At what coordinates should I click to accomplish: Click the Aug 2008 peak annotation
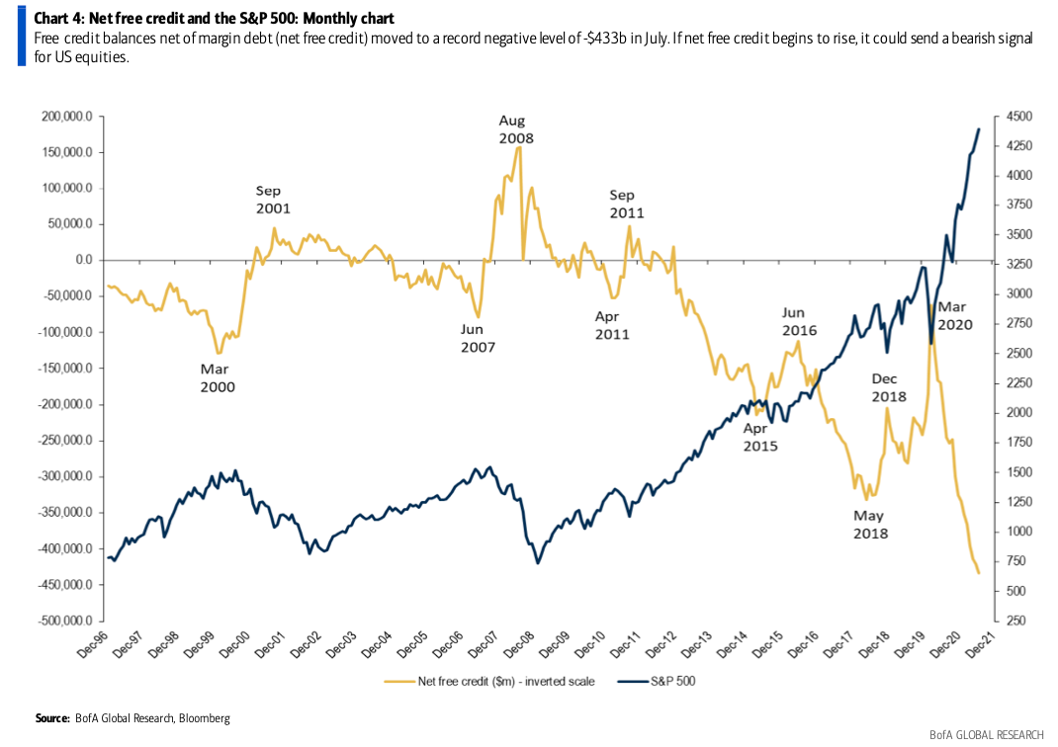point(515,129)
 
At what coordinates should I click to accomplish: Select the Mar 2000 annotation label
point(218,378)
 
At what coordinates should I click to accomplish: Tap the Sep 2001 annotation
point(273,200)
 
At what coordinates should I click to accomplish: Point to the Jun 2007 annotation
point(478,338)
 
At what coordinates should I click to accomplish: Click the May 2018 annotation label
point(870,525)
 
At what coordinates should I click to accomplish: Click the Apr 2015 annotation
point(760,437)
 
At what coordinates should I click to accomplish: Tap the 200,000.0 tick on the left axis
point(68,117)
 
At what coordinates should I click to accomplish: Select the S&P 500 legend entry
point(662,681)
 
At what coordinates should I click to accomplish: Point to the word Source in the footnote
point(53,717)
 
